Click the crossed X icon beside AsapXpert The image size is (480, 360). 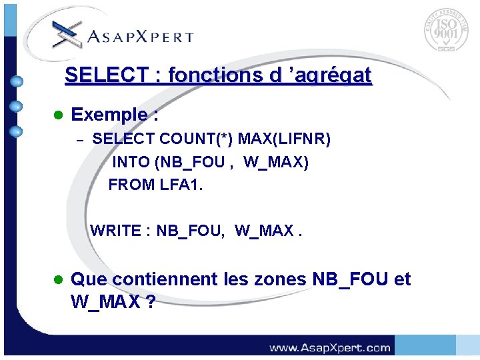(67, 33)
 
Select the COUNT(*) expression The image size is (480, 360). (197, 139)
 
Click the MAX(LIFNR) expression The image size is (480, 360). (284, 139)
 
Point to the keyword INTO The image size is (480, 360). (131, 162)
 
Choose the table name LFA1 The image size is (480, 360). (181, 185)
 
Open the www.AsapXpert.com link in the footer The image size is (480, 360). (329, 347)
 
